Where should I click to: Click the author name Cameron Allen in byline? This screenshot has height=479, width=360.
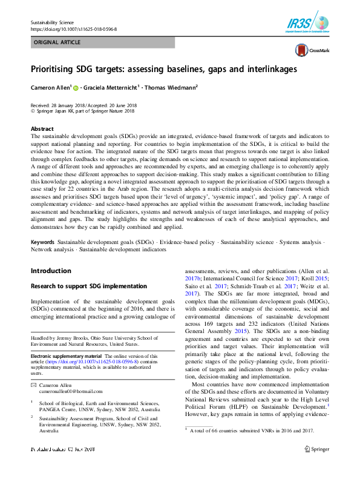coord(50,87)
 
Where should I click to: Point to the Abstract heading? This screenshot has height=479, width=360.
coord(42,129)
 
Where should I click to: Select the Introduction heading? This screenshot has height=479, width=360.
coord(51,271)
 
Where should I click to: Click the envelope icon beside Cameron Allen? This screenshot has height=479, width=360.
coord(34,385)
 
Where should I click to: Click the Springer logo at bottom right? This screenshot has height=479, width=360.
coord(318,466)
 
